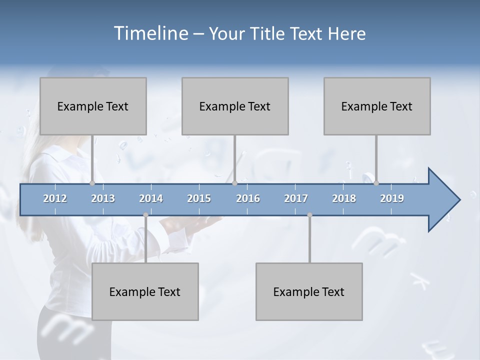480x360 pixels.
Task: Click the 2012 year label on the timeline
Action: [x=55, y=198]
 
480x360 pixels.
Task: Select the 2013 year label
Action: [x=103, y=198]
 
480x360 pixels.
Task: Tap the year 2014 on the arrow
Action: [x=151, y=198]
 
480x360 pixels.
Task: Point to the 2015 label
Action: [x=199, y=198]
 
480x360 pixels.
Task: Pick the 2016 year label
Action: [x=248, y=198]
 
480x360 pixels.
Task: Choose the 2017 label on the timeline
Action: [x=296, y=198]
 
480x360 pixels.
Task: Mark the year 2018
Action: [x=344, y=198]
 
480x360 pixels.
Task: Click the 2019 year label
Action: [x=392, y=198]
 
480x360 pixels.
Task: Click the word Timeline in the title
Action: [x=150, y=33]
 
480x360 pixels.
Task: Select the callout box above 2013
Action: [x=93, y=106]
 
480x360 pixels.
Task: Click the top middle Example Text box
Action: [x=235, y=106]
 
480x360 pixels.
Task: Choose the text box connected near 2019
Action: [x=377, y=106]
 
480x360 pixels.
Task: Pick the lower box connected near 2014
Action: [x=145, y=291]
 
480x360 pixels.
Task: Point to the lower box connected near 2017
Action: [x=309, y=291]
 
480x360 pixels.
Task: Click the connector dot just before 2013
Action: [x=92, y=183]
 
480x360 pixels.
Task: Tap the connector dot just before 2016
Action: [x=234, y=183]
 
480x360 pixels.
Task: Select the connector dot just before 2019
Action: [x=376, y=183]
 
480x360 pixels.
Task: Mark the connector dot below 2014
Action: [x=145, y=215]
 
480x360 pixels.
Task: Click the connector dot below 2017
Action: [x=309, y=215]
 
